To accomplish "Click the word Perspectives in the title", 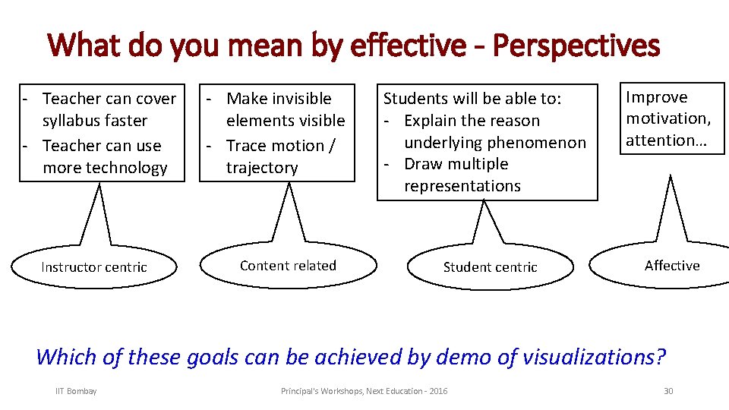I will [x=576, y=46].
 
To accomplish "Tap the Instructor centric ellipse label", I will [x=94, y=267].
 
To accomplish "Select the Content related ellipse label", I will [x=288, y=266].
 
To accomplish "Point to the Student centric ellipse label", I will [x=490, y=267].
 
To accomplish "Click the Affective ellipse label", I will [x=672, y=266].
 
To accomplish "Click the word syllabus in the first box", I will [x=75, y=121].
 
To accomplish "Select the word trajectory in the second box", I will [x=262, y=168].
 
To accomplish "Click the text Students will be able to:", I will [x=472, y=99].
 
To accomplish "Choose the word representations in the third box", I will [x=462, y=186].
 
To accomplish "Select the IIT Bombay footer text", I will [x=76, y=391].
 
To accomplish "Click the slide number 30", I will [x=668, y=391].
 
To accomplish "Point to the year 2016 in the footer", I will [x=438, y=391].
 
